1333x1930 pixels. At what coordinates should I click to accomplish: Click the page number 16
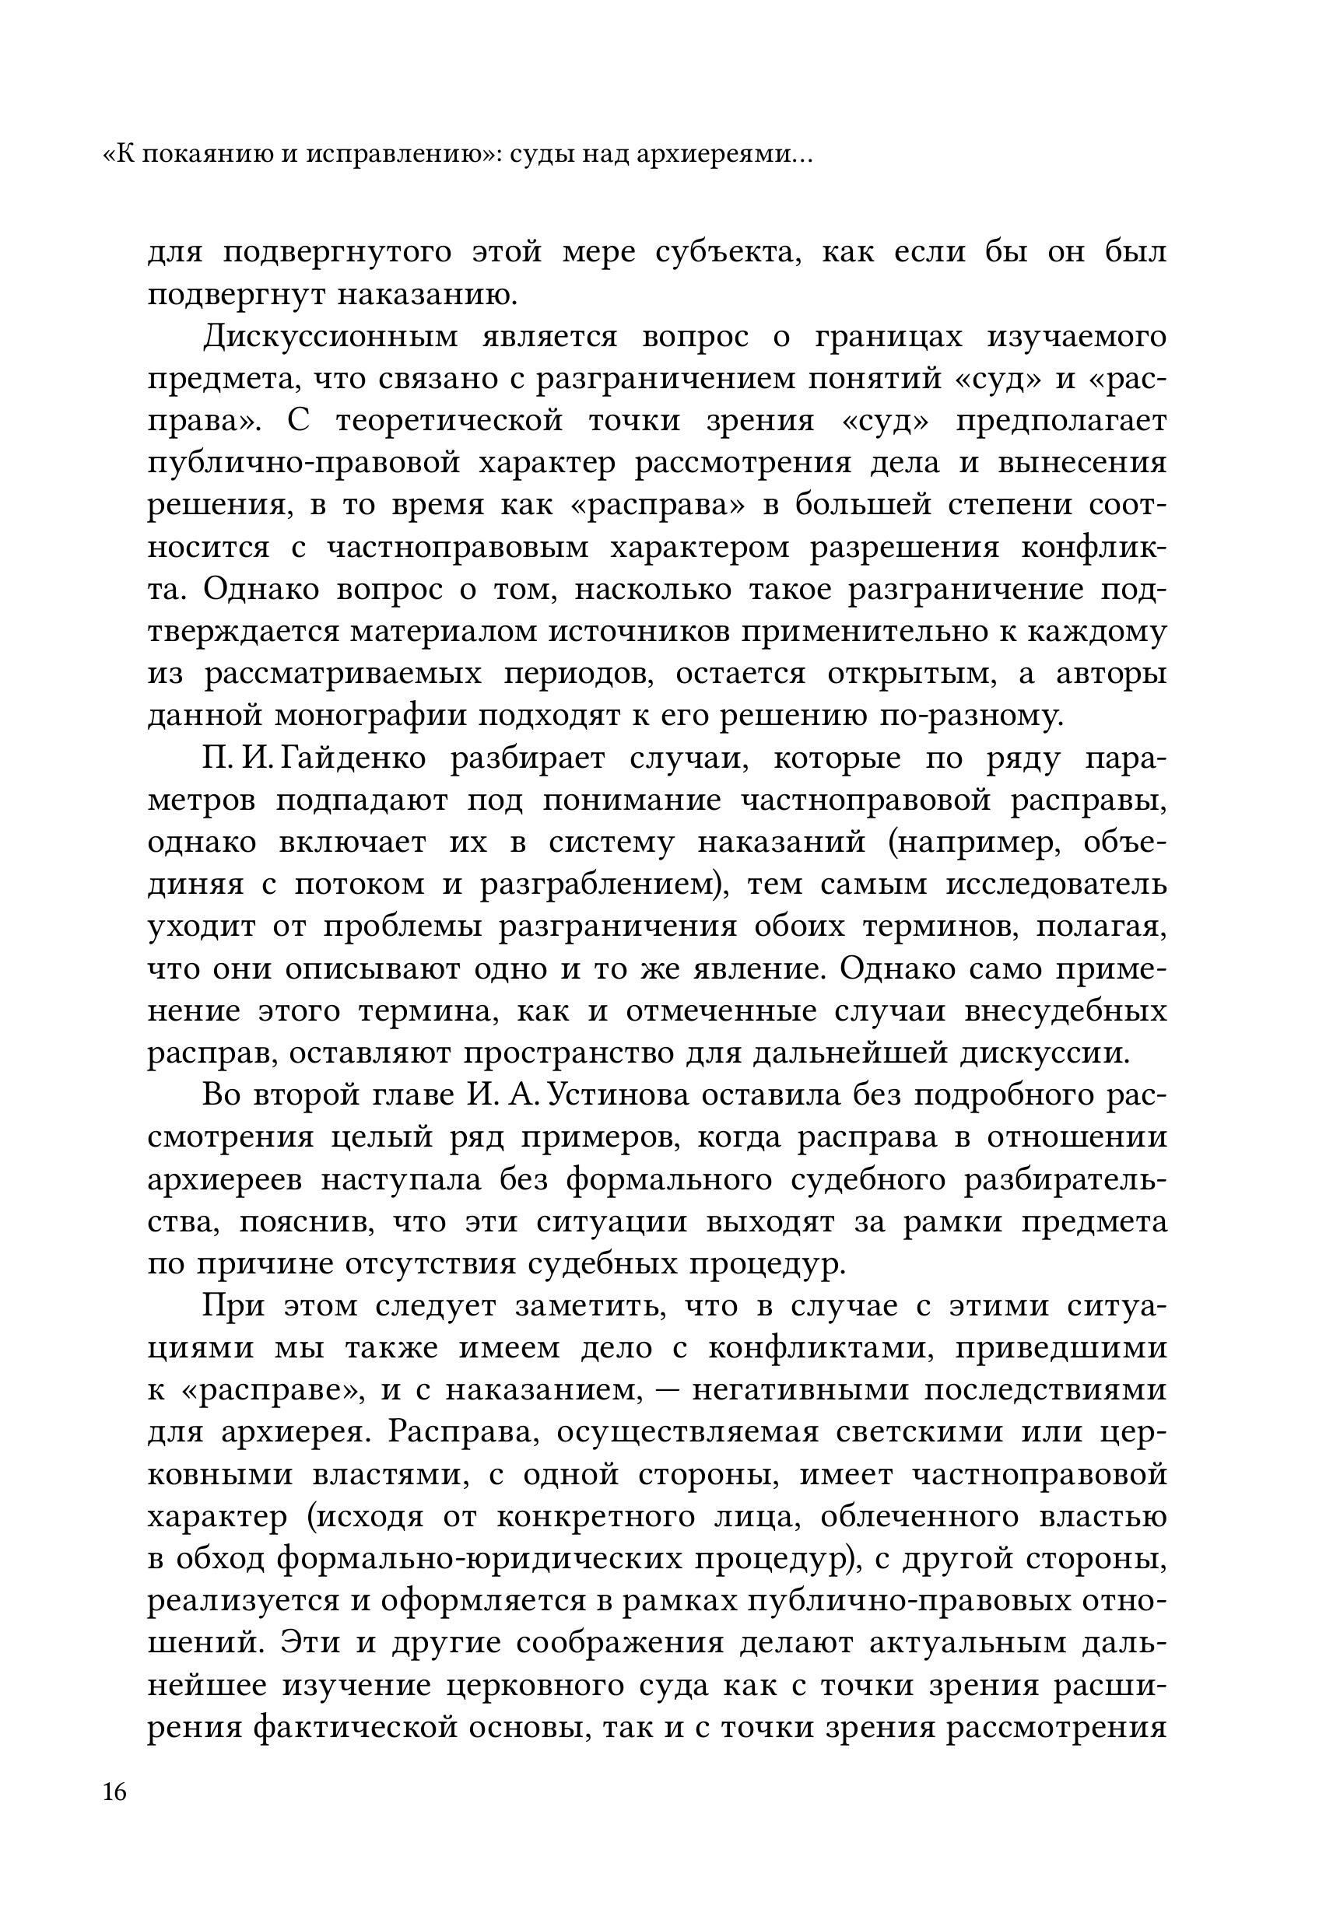114,1792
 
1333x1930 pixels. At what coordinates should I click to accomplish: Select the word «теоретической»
449,422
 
